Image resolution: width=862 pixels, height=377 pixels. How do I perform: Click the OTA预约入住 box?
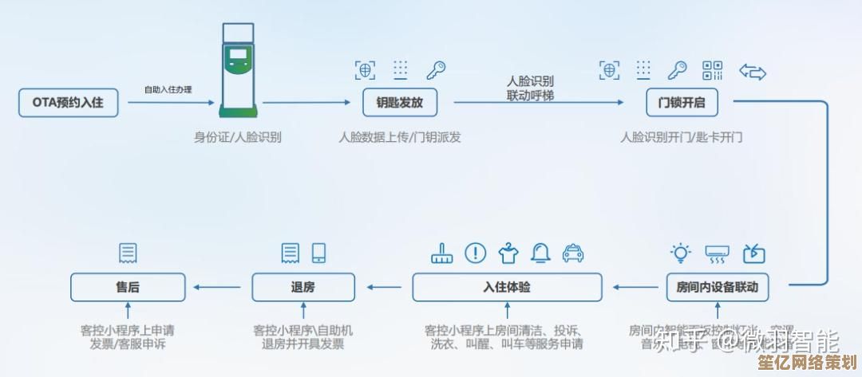tap(68, 103)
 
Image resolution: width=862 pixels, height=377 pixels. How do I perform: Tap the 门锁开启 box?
tap(681, 103)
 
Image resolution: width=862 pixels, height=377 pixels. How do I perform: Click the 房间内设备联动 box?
tap(717, 287)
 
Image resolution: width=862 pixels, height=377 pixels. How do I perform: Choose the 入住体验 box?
tap(507, 287)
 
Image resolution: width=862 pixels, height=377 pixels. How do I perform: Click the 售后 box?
tap(128, 287)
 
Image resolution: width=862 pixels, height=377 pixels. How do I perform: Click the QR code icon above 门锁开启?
tap(712, 70)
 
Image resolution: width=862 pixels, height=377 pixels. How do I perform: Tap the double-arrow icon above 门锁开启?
tap(752, 72)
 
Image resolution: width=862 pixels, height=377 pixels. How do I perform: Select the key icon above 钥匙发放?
tap(435, 70)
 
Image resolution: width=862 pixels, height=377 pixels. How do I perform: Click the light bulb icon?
tap(681, 253)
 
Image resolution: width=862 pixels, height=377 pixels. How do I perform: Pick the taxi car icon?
tap(573, 253)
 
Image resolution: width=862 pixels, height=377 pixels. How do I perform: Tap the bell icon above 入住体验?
tap(541, 253)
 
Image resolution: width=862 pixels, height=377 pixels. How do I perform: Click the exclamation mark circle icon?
tap(476, 253)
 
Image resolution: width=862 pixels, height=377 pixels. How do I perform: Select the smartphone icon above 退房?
tap(319, 253)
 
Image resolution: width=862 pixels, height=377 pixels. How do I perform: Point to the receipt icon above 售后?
tap(127, 253)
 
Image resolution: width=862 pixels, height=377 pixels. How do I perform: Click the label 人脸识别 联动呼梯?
tap(530, 88)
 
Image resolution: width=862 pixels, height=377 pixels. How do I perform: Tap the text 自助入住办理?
tap(168, 89)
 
